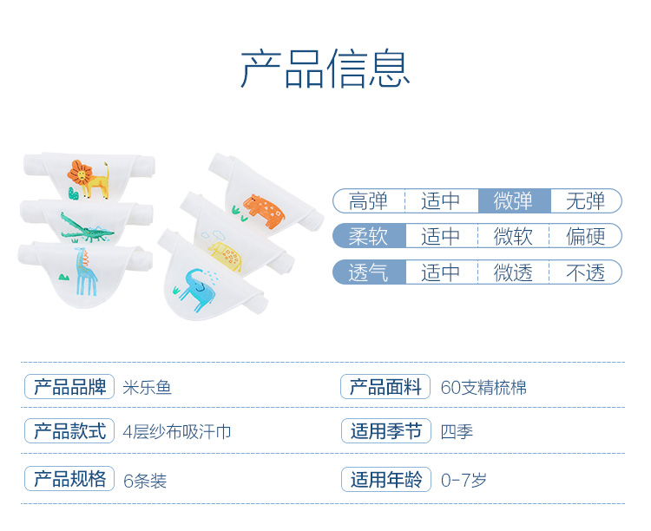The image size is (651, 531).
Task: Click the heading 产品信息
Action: click(x=325, y=69)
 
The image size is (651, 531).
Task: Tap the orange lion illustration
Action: click(x=89, y=179)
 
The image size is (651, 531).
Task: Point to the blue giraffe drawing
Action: click(x=86, y=272)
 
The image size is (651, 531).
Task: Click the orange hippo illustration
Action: click(x=264, y=211)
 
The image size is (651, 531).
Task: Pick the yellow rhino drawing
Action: click(x=226, y=256)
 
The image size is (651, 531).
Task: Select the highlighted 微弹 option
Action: click(x=515, y=201)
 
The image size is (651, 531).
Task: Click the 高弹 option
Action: click(x=369, y=201)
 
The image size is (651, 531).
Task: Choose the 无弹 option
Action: click(x=586, y=201)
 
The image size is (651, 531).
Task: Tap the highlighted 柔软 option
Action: click(x=369, y=236)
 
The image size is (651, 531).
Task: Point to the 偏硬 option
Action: click(x=586, y=236)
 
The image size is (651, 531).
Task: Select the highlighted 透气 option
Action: click(x=369, y=272)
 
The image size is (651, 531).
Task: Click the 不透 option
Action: click(x=586, y=272)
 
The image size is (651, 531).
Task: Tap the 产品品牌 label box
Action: click(x=69, y=386)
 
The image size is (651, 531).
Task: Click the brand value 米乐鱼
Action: click(x=147, y=388)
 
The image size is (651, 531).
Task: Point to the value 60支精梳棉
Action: click(x=483, y=388)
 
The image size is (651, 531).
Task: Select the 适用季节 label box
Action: click(x=386, y=431)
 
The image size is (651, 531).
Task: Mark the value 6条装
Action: click(x=145, y=482)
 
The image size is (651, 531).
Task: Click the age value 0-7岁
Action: click(x=464, y=481)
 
